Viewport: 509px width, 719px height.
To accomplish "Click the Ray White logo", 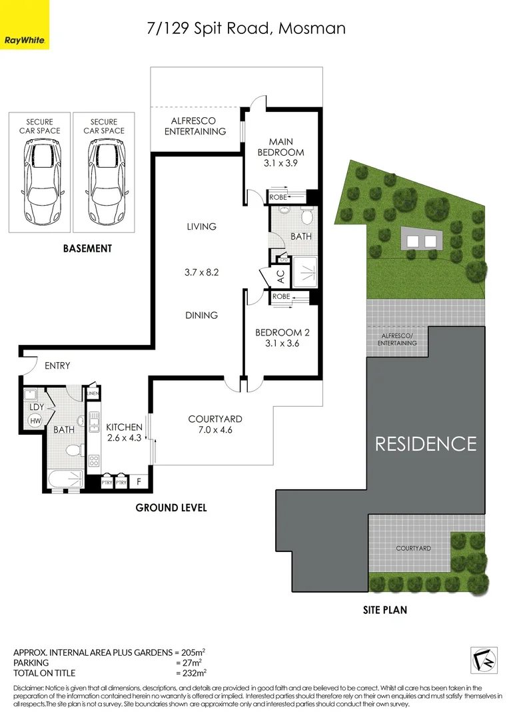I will tap(25, 25).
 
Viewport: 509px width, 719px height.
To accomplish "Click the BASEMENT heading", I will tap(87, 248).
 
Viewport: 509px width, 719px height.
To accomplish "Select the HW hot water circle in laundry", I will tap(35, 420).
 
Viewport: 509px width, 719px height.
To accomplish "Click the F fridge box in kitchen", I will tap(139, 481).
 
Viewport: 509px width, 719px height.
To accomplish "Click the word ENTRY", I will tap(57, 365).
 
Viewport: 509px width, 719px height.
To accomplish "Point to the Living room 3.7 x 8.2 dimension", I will tap(201, 272).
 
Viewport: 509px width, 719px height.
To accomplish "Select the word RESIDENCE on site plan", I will tap(426, 443).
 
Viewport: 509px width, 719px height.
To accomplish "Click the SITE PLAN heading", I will tap(385, 609).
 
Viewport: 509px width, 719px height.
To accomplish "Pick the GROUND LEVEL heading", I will tap(171, 507).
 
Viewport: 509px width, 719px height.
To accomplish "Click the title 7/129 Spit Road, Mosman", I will tap(246, 29).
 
